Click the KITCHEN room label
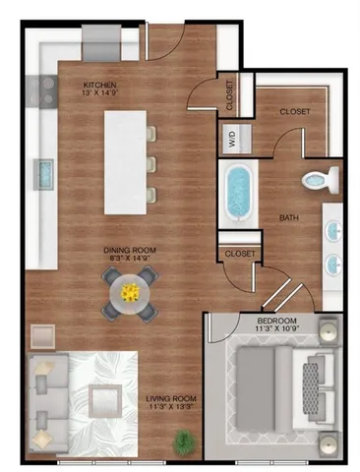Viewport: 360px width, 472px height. [101, 85]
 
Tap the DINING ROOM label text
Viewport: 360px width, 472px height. [130, 250]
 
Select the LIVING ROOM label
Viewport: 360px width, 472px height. [155, 397]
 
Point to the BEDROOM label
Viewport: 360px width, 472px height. [277, 321]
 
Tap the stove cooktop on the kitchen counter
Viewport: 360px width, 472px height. [44, 90]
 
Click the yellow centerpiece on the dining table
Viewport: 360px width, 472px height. [130, 291]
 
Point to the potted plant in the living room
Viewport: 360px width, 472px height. [183, 443]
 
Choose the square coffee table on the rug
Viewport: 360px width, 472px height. [104, 401]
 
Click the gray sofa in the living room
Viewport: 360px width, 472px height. [45, 401]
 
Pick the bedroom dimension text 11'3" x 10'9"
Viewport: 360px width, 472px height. [277, 331]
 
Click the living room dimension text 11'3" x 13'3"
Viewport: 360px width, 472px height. [155, 408]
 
